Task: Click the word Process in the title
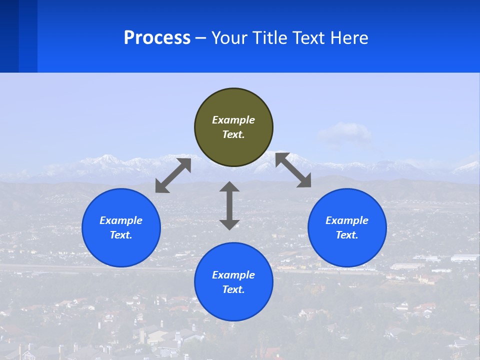[157, 38]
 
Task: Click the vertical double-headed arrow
[229, 205]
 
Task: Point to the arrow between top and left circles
[173, 175]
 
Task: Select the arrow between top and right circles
[293, 170]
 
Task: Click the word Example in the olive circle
[233, 120]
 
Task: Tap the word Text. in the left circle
[121, 235]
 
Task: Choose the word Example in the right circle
[347, 220]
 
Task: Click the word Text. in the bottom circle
[233, 289]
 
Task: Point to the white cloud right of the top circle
[344, 132]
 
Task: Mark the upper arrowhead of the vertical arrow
[229, 187]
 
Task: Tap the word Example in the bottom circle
[233, 275]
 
